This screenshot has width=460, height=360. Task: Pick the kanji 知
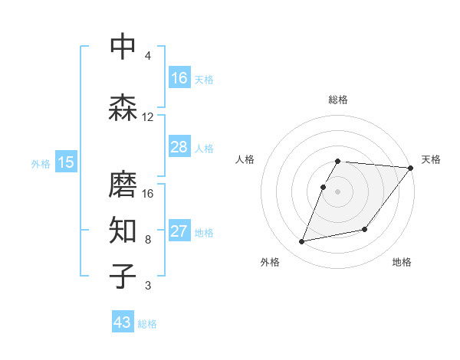123,229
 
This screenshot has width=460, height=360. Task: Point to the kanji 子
123,276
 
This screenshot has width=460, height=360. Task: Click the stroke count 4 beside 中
148,56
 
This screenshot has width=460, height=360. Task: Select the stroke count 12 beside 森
148,117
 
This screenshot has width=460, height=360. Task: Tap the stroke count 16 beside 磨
148,193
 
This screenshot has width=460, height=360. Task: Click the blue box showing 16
179,78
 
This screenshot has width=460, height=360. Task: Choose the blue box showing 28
179,147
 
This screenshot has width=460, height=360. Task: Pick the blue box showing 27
179,231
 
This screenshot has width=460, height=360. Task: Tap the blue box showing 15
65,162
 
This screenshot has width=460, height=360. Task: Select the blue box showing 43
123,322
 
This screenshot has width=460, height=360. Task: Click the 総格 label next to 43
147,324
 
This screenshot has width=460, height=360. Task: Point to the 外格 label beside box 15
41,164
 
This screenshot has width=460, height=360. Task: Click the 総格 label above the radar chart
338,100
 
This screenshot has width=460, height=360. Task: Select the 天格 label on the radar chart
431,159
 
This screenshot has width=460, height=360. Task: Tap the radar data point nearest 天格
411,169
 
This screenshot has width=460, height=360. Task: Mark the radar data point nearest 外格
302,242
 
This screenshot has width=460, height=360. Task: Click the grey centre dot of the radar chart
338,191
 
